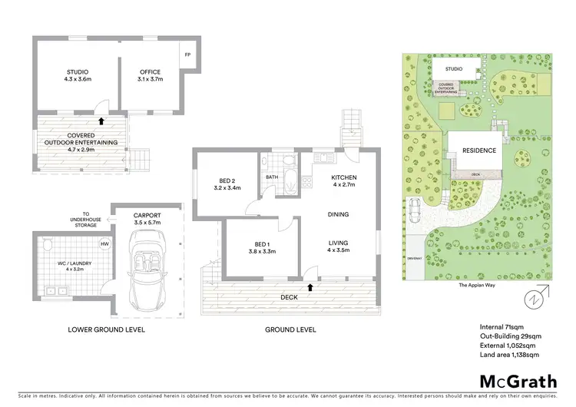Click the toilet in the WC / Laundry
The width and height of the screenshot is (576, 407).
[x=48, y=246]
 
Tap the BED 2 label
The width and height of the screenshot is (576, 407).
[x=229, y=180]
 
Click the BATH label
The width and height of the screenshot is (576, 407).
[x=272, y=177]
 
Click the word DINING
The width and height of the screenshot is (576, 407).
[x=339, y=215]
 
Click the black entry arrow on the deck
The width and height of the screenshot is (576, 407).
[x=310, y=287]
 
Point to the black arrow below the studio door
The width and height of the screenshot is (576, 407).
[x=101, y=120]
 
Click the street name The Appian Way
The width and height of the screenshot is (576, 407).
[x=475, y=284]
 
